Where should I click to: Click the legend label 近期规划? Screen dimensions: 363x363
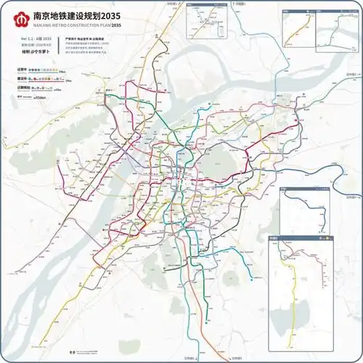(23, 86)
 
